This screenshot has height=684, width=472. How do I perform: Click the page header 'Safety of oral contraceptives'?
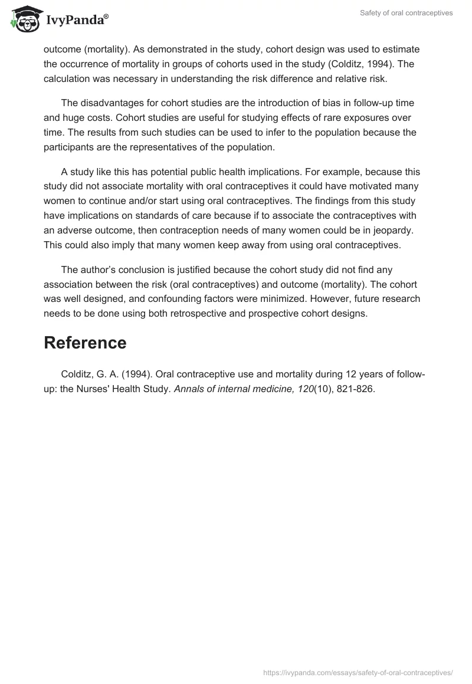(406, 13)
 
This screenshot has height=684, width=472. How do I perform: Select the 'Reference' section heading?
(85, 343)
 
